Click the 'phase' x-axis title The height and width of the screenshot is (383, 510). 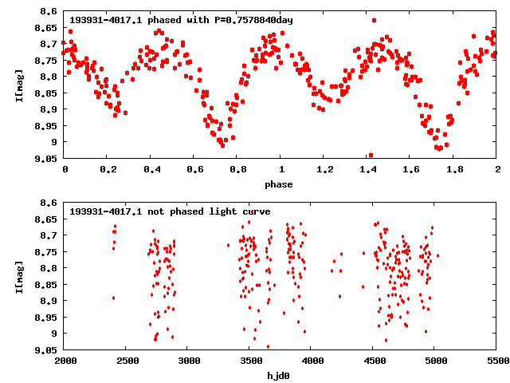(x=279, y=184)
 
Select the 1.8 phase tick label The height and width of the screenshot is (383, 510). (x=454, y=169)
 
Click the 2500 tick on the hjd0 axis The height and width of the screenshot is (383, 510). (x=127, y=360)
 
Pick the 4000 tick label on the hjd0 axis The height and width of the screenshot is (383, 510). (x=312, y=360)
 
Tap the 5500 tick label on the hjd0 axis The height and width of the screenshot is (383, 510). (x=496, y=360)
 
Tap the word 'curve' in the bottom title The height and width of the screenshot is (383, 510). (x=253, y=211)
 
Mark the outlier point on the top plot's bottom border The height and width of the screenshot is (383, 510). (x=371, y=156)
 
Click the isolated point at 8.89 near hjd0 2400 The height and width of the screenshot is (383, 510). (x=113, y=298)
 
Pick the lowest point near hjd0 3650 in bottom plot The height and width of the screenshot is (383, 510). (x=268, y=346)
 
